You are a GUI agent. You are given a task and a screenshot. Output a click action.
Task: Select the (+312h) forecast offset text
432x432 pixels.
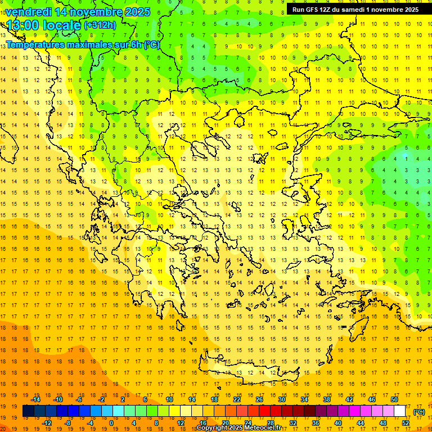tap(100, 25)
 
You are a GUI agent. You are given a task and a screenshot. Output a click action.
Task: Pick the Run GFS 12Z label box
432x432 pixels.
tap(355, 10)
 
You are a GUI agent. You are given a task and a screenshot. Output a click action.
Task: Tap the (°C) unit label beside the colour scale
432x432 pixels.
tap(418, 411)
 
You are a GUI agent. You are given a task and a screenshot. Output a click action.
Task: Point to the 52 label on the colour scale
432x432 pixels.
tap(406, 422)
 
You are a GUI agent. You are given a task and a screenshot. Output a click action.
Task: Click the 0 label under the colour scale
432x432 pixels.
tap(111, 422)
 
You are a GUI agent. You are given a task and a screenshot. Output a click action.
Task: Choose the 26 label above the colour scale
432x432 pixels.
tap(259, 399)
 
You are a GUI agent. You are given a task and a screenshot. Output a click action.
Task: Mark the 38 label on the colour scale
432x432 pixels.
tap(327, 399)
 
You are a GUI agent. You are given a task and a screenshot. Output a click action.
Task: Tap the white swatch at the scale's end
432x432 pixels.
tap(400, 411)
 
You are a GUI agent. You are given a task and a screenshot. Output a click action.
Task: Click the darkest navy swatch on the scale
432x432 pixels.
tap(28, 411)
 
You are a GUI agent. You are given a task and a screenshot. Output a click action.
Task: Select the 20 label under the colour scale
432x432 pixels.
tap(226, 422)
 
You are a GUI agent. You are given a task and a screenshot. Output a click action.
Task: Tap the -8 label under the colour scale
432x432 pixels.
tap(67, 422)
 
